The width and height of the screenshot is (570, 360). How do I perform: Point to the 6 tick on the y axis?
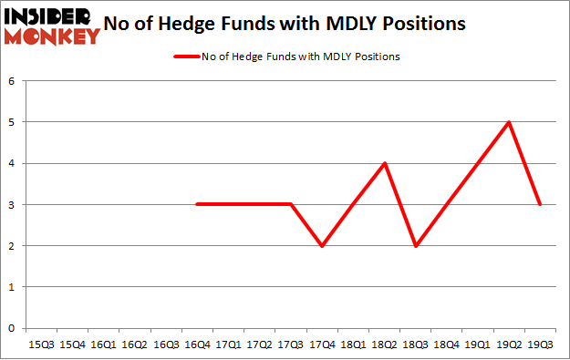(13, 81)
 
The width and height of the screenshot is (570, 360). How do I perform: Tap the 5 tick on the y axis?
(13, 122)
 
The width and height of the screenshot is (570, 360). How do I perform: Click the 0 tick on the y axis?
(13, 328)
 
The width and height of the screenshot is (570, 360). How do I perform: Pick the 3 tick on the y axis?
(13, 204)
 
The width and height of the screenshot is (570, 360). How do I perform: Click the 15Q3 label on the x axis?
(41, 345)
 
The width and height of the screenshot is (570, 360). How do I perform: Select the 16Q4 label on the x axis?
(197, 345)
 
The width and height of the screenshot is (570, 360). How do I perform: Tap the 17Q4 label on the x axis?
(322, 345)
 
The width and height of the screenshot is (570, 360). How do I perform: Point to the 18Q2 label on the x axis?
(385, 345)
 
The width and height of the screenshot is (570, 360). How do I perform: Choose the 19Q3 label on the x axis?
(541, 345)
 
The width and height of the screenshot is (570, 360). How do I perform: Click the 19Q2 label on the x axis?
(509, 345)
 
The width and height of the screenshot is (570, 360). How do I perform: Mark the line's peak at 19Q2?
(509, 122)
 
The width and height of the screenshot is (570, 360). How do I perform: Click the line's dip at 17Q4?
(322, 245)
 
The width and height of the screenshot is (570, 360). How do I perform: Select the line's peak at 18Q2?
(385, 163)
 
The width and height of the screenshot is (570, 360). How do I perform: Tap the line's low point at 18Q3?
(416, 245)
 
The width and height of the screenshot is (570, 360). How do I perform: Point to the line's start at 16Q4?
(197, 204)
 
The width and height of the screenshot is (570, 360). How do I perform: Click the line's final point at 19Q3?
(541, 204)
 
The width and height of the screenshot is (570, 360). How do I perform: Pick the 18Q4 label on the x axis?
(447, 345)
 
